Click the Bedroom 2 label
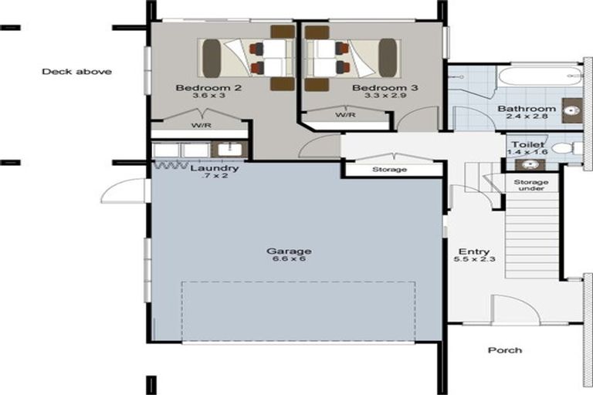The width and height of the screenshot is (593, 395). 208,89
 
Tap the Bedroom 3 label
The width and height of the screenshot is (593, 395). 385,89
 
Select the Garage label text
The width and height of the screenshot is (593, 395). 289,252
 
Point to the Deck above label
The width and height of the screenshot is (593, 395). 76,72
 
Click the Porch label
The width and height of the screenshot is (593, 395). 504,350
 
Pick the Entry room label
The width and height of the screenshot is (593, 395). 473,252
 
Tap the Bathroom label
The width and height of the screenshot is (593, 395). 527,110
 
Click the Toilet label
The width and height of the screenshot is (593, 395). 526,145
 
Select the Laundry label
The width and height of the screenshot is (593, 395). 214,168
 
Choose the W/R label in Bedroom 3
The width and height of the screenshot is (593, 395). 344,115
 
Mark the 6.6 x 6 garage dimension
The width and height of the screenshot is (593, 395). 289,261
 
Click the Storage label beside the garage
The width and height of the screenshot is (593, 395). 389,169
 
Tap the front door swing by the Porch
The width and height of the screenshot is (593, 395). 515,310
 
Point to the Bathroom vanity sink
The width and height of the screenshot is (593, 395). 572,111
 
